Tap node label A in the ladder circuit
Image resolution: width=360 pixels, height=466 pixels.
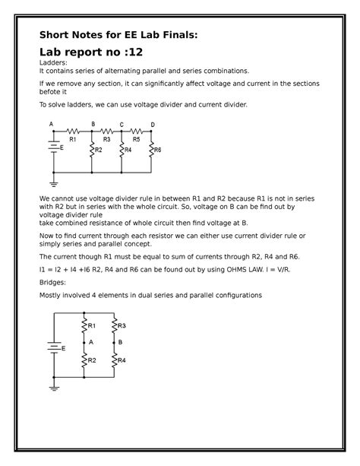52,125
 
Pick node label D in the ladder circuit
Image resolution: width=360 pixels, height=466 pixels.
152,125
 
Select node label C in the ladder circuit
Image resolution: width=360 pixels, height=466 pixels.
122,125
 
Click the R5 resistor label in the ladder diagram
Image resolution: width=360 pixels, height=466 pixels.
137,140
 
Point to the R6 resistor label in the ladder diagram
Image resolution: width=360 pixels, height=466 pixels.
158,151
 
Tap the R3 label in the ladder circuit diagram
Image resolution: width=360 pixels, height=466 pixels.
106,140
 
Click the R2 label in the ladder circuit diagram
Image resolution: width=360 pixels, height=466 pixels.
98,151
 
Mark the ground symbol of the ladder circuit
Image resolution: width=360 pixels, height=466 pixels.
53,182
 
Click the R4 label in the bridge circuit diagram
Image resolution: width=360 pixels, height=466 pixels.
121,360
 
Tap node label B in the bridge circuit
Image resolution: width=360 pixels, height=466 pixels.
120,342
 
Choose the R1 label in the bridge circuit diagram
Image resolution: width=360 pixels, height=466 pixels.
91,325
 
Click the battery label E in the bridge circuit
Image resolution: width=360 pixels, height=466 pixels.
62,348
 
